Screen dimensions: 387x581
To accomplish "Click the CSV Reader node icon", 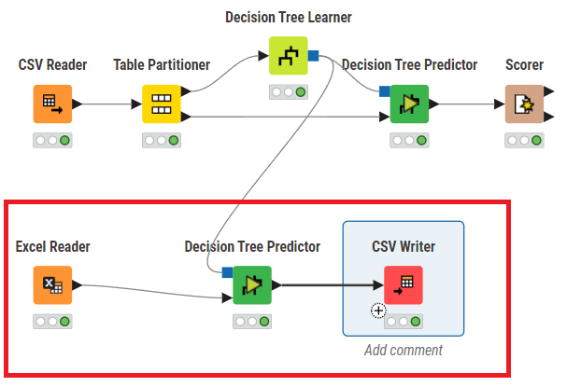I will pyautogui.click(x=52, y=104).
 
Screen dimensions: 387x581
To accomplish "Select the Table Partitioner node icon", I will pyautogui.click(x=161, y=104).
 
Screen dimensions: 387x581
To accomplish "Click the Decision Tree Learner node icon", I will pyautogui.click(x=288, y=56).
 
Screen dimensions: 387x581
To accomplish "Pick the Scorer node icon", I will pyautogui.click(x=524, y=104).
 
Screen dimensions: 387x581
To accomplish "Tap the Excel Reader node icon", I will pyautogui.click(x=52, y=285).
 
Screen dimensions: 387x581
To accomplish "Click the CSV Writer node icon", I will pyautogui.click(x=404, y=285).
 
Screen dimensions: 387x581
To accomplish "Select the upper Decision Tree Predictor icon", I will pyautogui.click(x=409, y=104).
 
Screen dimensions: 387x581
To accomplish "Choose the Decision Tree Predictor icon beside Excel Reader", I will pyautogui.click(x=252, y=285).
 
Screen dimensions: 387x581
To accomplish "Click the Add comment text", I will pyautogui.click(x=404, y=351).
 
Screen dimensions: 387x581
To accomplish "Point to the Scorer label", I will pyautogui.click(x=524, y=65).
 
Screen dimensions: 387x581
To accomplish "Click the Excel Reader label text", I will pyautogui.click(x=52, y=247).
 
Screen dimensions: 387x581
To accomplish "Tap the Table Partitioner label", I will pyautogui.click(x=161, y=65).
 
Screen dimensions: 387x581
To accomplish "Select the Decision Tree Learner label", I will pyautogui.click(x=288, y=18).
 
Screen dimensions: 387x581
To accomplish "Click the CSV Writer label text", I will pyautogui.click(x=404, y=247).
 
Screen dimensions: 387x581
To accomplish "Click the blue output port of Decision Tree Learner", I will pyautogui.click(x=314, y=55).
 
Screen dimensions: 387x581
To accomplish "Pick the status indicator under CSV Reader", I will pyautogui.click(x=52, y=141).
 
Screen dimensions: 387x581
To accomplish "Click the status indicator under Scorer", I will pyautogui.click(x=524, y=141).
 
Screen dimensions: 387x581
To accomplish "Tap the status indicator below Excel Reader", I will pyautogui.click(x=52, y=322).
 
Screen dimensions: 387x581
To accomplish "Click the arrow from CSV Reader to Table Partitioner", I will pyautogui.click(x=106, y=104).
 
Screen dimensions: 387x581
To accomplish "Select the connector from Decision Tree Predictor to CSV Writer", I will pyautogui.click(x=327, y=285).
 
